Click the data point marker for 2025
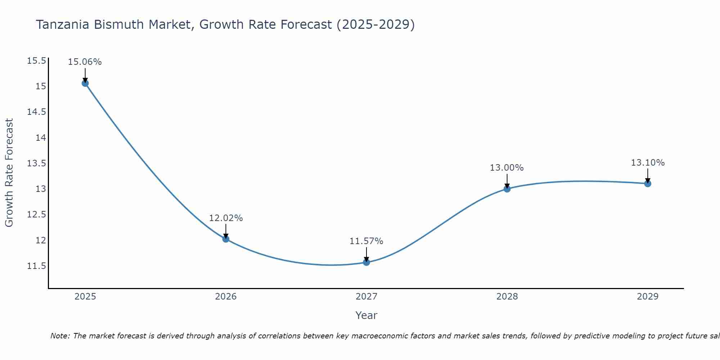click(85, 83)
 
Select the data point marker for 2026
click(226, 239)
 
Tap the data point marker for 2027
click(366, 262)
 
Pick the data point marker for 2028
click(507, 189)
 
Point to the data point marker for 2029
click(648, 184)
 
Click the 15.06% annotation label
click(85, 62)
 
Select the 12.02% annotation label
click(226, 218)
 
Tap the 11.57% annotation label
click(366, 241)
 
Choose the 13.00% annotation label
click(507, 168)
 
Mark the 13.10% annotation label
click(648, 163)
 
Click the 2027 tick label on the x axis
click(366, 297)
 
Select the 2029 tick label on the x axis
click(648, 297)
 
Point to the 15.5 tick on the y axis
click(37, 61)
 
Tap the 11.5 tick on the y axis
click(37, 266)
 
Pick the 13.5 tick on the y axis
click(37, 163)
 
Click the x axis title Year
click(366, 315)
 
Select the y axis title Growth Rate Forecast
click(9, 172)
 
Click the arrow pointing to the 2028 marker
click(507, 181)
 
